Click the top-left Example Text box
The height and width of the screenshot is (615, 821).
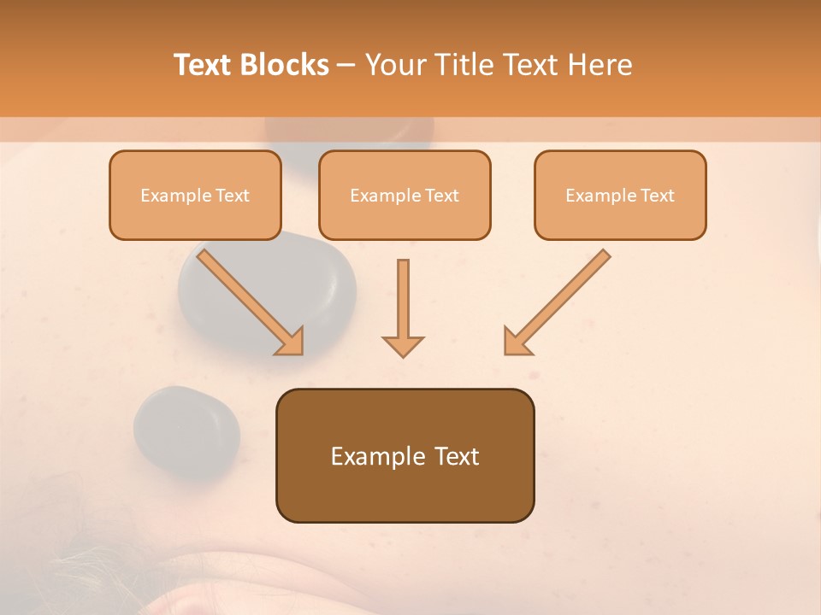195,196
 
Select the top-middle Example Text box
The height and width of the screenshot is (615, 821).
405,196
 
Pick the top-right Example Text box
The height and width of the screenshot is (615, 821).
620,196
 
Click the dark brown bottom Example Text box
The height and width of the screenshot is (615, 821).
405,455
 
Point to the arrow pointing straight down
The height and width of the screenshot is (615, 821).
403,307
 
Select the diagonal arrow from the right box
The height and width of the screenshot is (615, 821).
557,302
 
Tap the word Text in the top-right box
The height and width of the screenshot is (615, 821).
657,196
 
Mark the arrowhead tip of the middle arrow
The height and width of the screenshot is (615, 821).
403,354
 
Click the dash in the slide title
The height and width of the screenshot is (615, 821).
346,65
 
